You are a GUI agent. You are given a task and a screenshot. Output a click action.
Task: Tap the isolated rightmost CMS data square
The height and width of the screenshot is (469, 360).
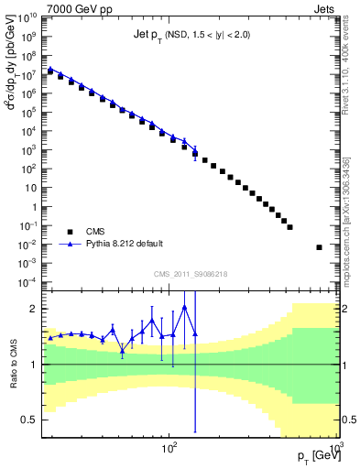[319, 247]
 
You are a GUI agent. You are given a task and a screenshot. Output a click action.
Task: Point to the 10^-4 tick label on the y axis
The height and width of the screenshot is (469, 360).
[27, 281]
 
